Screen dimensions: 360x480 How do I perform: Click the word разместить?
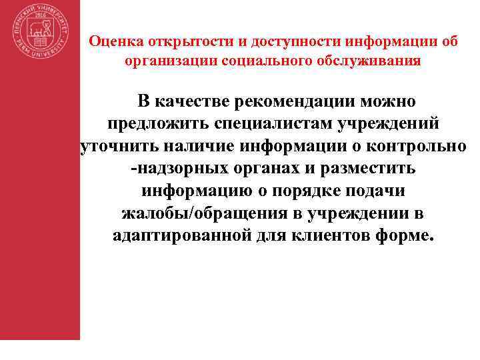click(x=364, y=169)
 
